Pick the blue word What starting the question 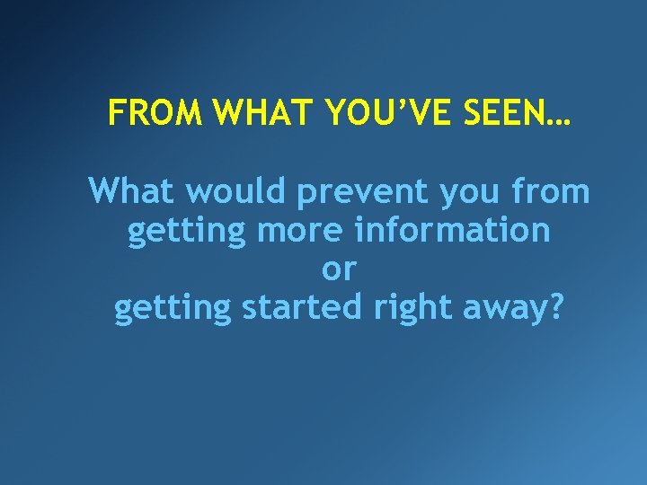pos(131,191)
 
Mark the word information pos(452,230)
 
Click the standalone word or pos(339,269)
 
